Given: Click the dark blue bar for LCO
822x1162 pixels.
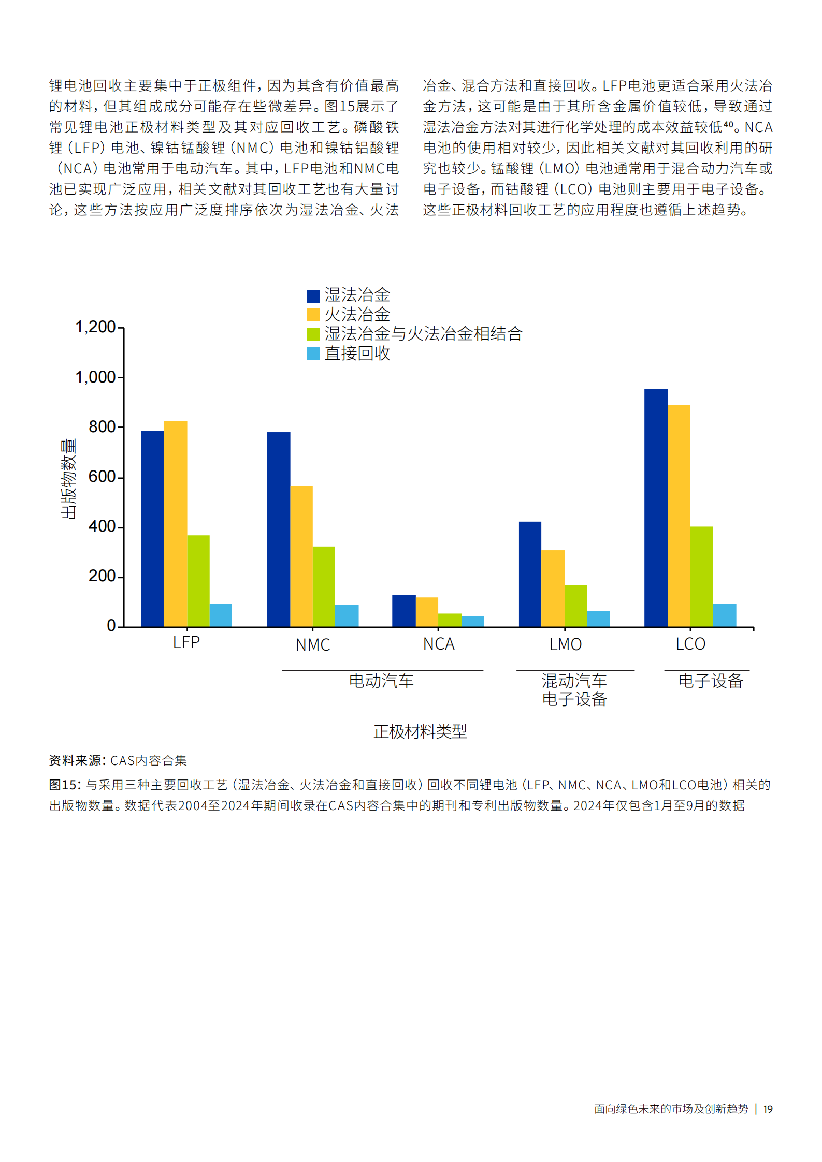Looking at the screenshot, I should pyautogui.click(x=656, y=507).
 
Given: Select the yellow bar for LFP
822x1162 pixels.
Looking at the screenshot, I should pyautogui.click(x=175, y=524).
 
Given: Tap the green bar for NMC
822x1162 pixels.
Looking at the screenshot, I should pyautogui.click(x=324, y=586).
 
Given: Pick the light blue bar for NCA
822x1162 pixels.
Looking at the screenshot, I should pyautogui.click(x=473, y=621).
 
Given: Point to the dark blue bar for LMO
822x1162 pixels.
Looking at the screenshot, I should pyautogui.click(x=530, y=574).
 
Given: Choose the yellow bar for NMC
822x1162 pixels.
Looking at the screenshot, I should pyautogui.click(x=301, y=556).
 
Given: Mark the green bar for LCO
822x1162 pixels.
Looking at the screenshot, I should pyautogui.click(x=701, y=577).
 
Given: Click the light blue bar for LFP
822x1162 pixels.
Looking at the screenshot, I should pyautogui.click(x=221, y=615).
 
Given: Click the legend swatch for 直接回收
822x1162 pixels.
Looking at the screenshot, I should pyautogui.click(x=313, y=353).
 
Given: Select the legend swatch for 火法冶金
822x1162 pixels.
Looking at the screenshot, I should pyautogui.click(x=313, y=315).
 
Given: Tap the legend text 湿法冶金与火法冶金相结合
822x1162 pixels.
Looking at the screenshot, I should pyautogui.click(x=423, y=334).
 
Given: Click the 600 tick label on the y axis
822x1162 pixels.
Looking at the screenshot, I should pyautogui.click(x=102, y=477).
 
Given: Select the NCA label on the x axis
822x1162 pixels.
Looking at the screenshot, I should pyautogui.click(x=439, y=644).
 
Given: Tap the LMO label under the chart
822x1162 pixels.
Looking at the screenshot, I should pyautogui.click(x=565, y=645).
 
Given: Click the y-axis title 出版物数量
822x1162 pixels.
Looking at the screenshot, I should pyautogui.click(x=68, y=479).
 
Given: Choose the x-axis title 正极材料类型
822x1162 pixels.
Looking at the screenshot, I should pyautogui.click(x=420, y=731).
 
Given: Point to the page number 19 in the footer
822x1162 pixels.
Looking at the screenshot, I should pyautogui.click(x=768, y=1109).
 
